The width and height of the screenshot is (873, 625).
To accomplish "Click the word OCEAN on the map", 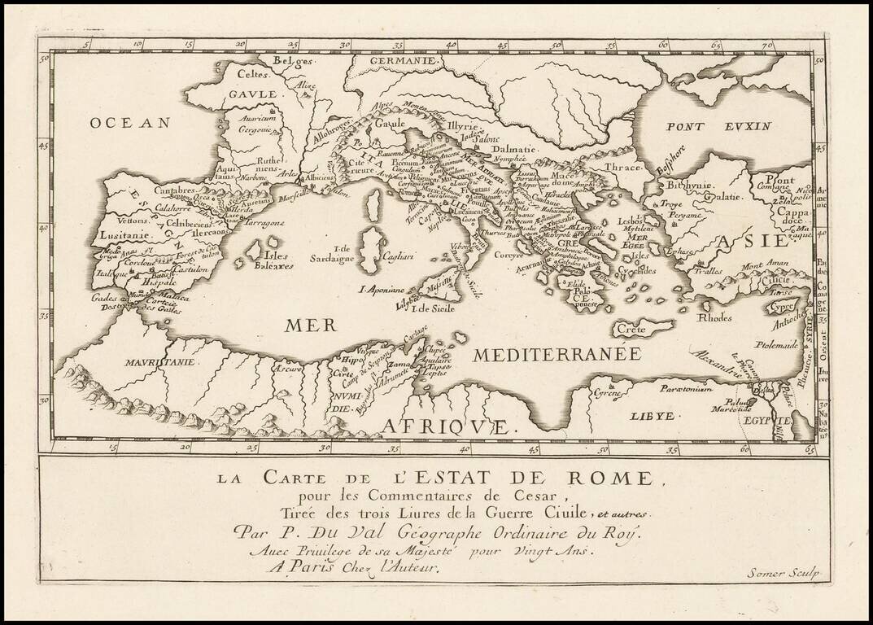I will (x=130, y=122).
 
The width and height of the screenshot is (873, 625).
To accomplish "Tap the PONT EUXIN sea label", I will (x=706, y=126).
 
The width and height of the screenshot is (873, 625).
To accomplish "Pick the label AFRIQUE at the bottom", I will (x=446, y=426).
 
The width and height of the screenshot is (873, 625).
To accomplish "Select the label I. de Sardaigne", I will (x=333, y=254).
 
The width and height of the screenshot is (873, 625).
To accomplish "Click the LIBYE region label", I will (x=653, y=415).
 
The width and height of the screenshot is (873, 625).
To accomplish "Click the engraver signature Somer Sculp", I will (x=783, y=573).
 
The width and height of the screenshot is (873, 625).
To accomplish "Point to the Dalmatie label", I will (x=513, y=150).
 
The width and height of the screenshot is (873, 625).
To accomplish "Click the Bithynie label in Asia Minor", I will (x=683, y=185).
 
